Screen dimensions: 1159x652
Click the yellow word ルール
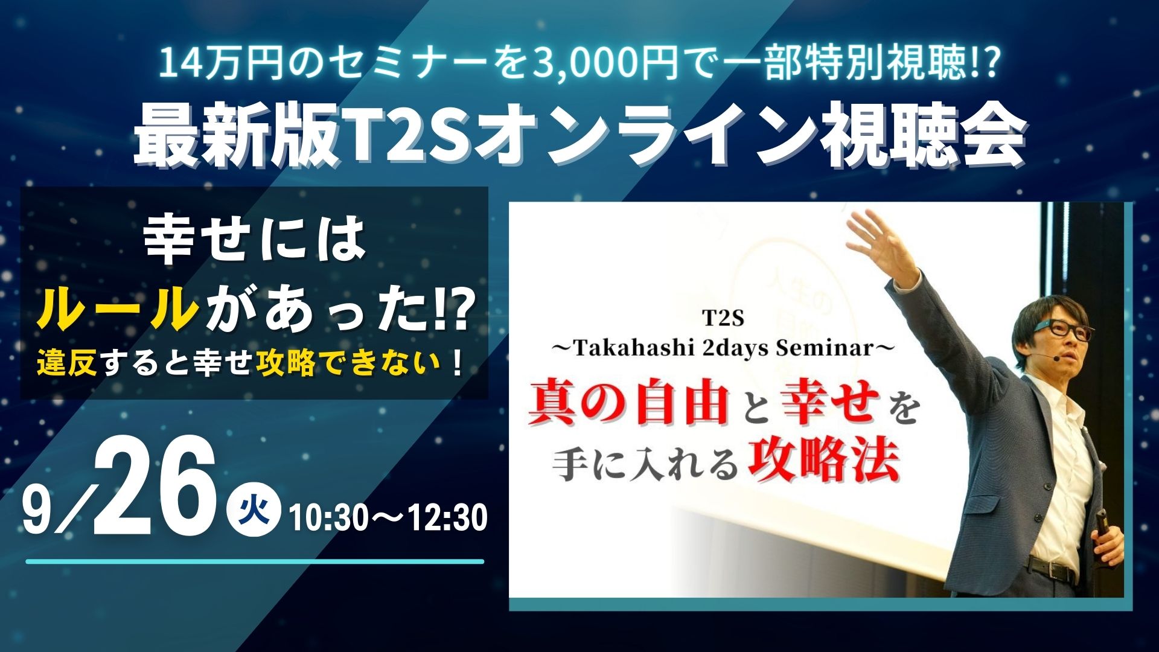(x=118, y=308)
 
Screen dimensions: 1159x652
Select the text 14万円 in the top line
(x=215, y=66)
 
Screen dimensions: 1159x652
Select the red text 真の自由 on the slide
(x=628, y=403)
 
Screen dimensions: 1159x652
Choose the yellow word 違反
(x=67, y=365)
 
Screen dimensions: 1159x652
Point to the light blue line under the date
(x=255, y=561)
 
